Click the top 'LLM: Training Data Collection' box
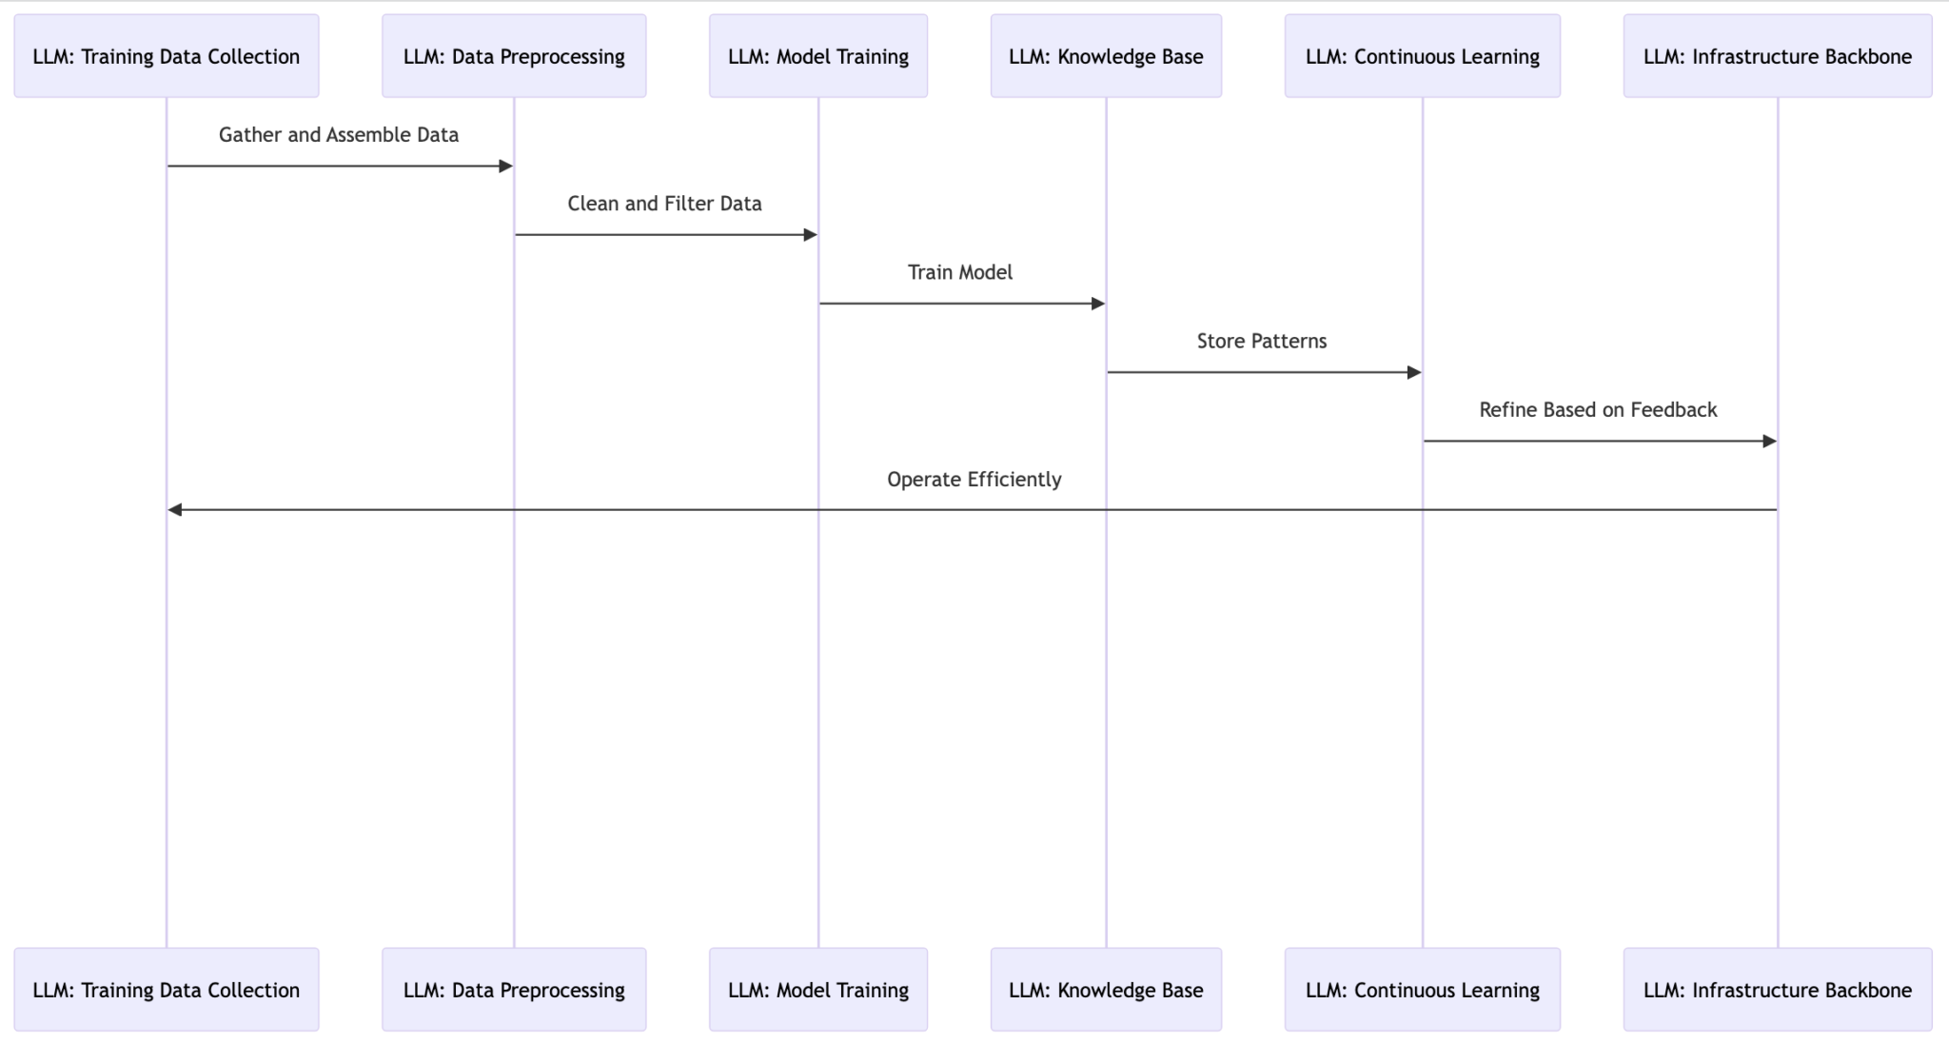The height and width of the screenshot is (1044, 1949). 167,56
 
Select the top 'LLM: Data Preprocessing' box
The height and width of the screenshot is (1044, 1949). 514,56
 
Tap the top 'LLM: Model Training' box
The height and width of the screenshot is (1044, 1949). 818,56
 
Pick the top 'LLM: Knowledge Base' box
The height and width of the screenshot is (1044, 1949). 1106,56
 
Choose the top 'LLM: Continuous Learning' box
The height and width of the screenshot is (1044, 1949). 1423,56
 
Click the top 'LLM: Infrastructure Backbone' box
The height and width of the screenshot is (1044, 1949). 1778,56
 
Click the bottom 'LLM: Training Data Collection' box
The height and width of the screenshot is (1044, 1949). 167,990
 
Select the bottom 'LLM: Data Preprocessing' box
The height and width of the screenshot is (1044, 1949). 514,990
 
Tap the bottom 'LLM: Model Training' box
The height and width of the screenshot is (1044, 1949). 818,990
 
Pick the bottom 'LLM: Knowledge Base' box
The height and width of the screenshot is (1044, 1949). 1106,990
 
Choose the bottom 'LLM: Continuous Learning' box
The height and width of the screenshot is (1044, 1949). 1423,990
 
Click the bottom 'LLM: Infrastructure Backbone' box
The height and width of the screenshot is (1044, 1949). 1778,990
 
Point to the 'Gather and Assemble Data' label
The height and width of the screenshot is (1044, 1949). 339,135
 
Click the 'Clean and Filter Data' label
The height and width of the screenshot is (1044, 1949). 664,204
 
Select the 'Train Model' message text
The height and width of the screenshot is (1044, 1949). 960,272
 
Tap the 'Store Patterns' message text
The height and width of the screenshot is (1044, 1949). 1262,341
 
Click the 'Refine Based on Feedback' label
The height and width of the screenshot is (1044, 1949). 1598,410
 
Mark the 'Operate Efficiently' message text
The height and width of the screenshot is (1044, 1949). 974,480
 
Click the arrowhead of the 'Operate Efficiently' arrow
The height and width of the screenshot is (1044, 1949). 175,510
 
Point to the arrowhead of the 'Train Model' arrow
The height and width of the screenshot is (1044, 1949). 1097,304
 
